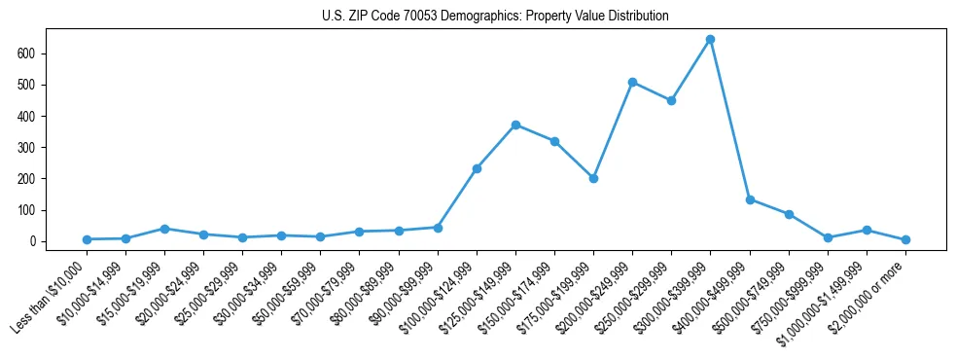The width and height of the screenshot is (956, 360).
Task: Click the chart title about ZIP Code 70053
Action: tap(495, 16)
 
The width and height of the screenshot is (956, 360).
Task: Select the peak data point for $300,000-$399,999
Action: tap(710, 39)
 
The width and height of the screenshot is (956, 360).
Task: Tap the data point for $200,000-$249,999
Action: tap(632, 82)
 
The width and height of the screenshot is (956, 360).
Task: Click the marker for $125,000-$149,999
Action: tap(515, 125)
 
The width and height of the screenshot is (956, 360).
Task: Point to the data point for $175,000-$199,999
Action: tap(593, 178)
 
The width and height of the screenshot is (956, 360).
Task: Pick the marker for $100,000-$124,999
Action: tap(477, 168)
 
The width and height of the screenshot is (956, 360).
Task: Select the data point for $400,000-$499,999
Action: tap(749, 199)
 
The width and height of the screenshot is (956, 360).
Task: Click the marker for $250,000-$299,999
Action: tap(671, 100)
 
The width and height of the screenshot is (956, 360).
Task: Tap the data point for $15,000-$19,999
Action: tap(164, 229)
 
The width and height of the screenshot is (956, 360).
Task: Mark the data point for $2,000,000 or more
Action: tap(905, 239)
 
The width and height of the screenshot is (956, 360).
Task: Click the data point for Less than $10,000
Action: tap(87, 239)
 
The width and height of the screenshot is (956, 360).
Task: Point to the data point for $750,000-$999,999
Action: tap(828, 237)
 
